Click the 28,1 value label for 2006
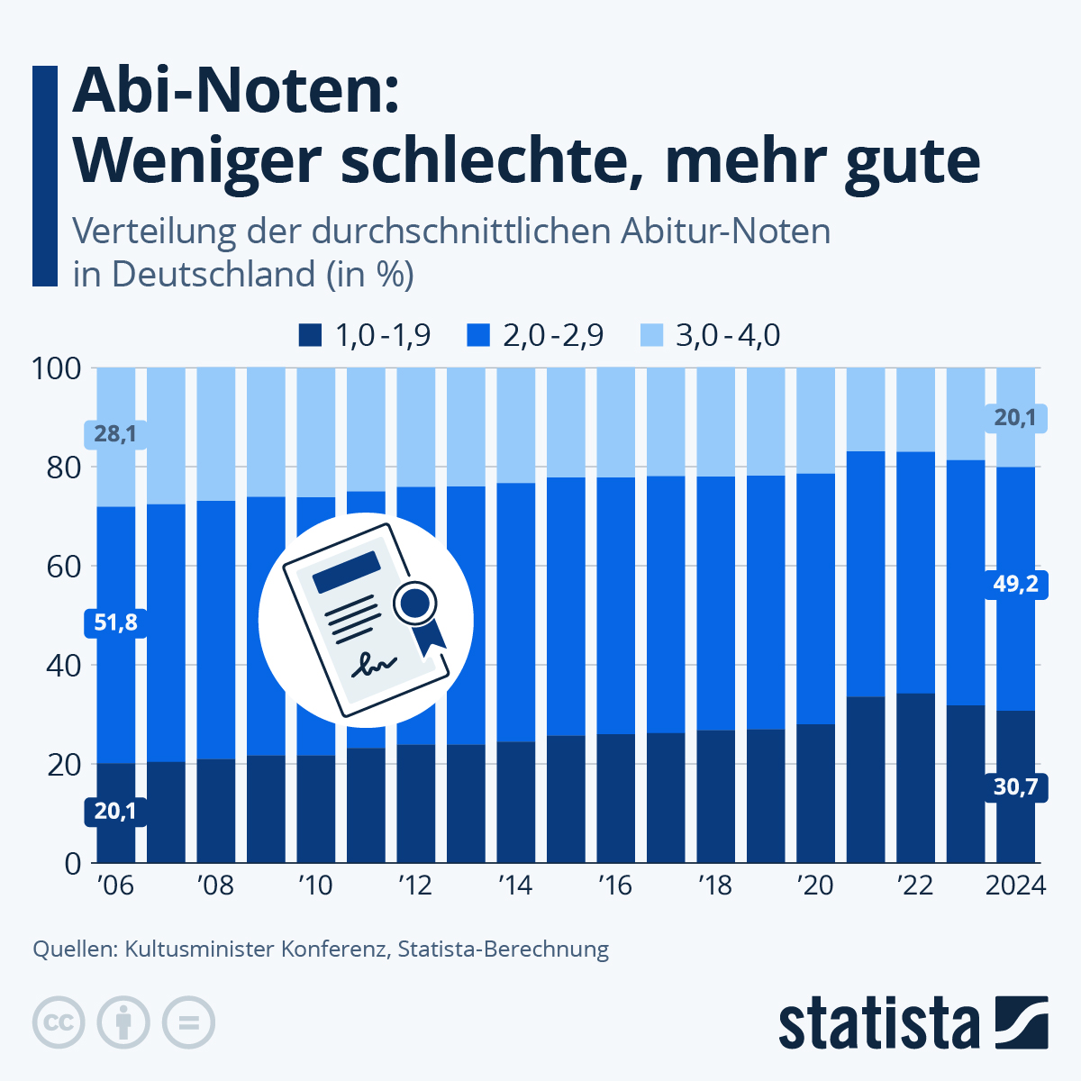(115, 434)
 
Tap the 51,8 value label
(115, 622)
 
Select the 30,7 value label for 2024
(1015, 787)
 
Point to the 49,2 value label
(1015, 584)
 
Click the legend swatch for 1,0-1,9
(310, 336)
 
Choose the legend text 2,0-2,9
(553, 336)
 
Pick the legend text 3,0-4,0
(728, 336)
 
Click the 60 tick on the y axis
(61, 567)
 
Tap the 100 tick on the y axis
(56, 368)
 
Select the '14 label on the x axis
(515, 886)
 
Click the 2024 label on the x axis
(1015, 886)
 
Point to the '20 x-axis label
(815, 886)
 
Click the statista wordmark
(879, 1023)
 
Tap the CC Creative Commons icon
(59, 1023)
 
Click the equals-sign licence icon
(188, 1023)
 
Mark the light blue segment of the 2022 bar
(915, 410)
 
